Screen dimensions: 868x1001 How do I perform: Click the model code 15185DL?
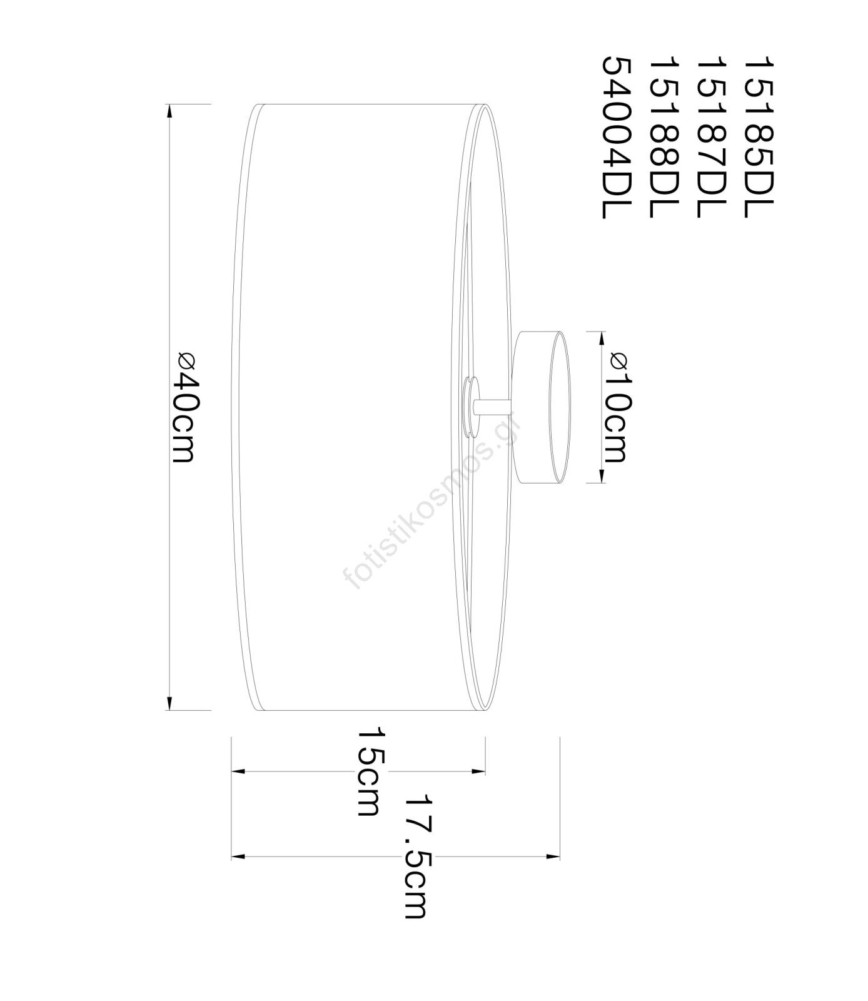click(x=758, y=137)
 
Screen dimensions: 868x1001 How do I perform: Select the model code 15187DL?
click(x=710, y=137)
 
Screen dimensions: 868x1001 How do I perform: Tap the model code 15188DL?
click(x=664, y=137)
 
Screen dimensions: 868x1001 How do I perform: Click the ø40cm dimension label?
click(x=186, y=407)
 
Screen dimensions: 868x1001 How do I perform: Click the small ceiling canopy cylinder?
click(x=540, y=407)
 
